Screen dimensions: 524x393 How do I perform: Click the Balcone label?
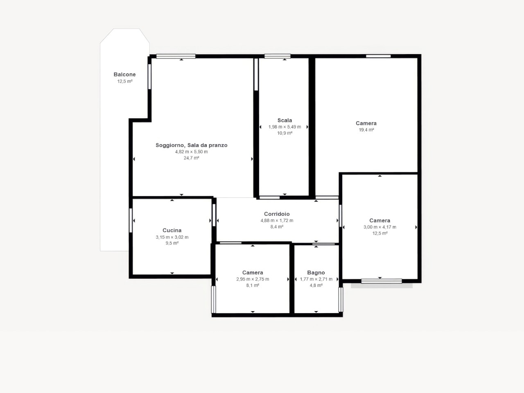pos(124,75)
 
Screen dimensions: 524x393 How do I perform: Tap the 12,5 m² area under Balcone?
pos(125,81)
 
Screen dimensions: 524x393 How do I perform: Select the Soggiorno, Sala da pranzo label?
pos(192,145)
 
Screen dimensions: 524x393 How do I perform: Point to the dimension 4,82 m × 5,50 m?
pos(192,152)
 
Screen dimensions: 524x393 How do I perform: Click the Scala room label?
pos(285,120)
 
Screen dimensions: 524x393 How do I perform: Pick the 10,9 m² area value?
pos(285,133)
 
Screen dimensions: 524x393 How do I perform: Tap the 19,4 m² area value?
pos(366,130)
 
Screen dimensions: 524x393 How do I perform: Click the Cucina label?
pos(172,230)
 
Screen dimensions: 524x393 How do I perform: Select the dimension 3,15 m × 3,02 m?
pos(172,237)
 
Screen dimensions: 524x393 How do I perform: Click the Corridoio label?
pos(277,214)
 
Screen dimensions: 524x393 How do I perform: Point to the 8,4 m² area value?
pos(277,227)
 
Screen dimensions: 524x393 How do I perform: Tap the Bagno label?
pos(316,273)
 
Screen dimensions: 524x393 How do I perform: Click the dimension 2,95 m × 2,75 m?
pos(253,279)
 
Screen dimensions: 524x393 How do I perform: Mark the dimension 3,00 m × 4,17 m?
pos(380,227)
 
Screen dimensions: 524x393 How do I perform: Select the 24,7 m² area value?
pos(192,158)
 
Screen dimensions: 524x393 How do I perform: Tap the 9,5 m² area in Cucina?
pos(172,243)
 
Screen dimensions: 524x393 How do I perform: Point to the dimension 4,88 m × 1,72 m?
pos(277,221)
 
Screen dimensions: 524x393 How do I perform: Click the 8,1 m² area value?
pos(253,285)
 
